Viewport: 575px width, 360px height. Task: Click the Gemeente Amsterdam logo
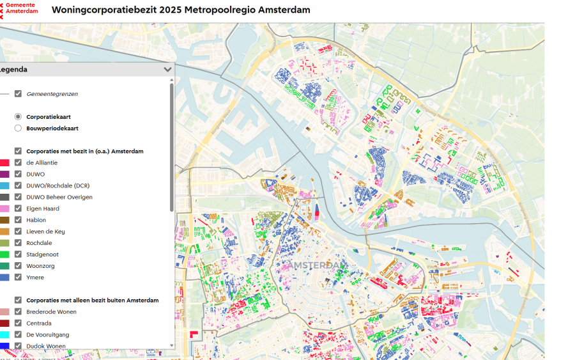pyautogui.click(x=19, y=10)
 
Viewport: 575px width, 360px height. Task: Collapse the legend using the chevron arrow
pyautogui.click(x=167, y=70)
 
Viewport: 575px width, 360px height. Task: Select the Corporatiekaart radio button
pyautogui.click(x=18, y=117)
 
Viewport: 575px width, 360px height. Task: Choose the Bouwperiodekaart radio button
pyautogui.click(x=18, y=129)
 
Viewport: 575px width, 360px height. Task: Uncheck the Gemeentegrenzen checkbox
pyautogui.click(x=18, y=94)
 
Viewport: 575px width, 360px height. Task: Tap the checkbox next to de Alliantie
pyautogui.click(x=18, y=162)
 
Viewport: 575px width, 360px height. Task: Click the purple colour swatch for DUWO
pyautogui.click(x=4, y=174)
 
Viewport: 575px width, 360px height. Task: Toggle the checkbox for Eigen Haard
pyautogui.click(x=18, y=208)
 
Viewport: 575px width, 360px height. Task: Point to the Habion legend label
pyautogui.click(x=36, y=220)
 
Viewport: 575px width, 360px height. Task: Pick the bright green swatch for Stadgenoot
pyautogui.click(x=4, y=254)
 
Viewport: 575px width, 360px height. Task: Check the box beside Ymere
pyautogui.click(x=18, y=278)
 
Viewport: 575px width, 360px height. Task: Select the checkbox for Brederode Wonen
pyautogui.click(x=18, y=312)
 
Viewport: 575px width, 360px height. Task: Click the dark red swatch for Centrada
pyautogui.click(x=4, y=324)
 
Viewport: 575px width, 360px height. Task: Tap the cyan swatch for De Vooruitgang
pyautogui.click(x=4, y=335)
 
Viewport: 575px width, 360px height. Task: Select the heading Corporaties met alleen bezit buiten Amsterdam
pyautogui.click(x=92, y=300)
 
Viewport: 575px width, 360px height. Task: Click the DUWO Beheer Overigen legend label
pyautogui.click(x=59, y=197)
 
